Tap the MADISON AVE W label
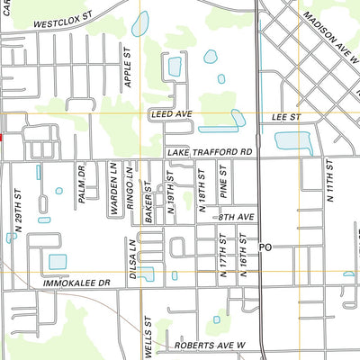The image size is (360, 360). tap(330, 35)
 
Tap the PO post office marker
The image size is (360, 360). tap(265, 246)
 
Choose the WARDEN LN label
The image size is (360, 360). tap(114, 188)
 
